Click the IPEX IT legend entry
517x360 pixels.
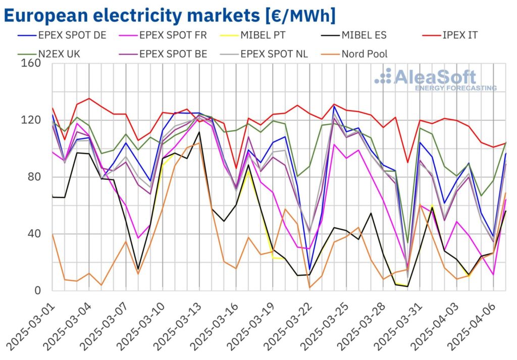(x=457, y=36)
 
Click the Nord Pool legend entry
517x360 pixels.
(x=365, y=54)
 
